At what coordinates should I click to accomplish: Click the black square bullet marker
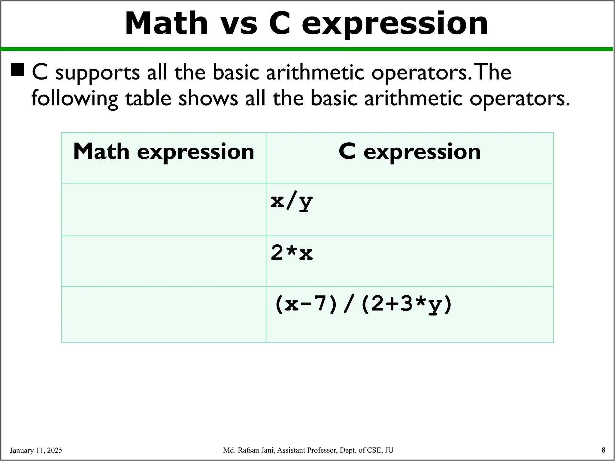click(x=17, y=70)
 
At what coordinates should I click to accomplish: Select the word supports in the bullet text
click(x=98, y=73)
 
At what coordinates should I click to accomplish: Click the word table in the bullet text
click(x=148, y=98)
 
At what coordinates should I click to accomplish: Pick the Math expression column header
click(x=164, y=152)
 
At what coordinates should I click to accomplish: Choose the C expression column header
click(x=410, y=152)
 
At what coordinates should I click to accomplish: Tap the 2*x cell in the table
click(x=292, y=253)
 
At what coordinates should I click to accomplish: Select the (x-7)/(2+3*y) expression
click(x=363, y=304)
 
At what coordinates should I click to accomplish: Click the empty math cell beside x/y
click(x=164, y=209)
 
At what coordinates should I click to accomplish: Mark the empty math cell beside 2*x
click(x=164, y=261)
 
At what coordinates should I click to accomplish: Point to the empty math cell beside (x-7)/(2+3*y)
click(x=164, y=314)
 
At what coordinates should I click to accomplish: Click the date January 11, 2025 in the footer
click(x=36, y=450)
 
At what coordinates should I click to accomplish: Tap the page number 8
click(x=603, y=450)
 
